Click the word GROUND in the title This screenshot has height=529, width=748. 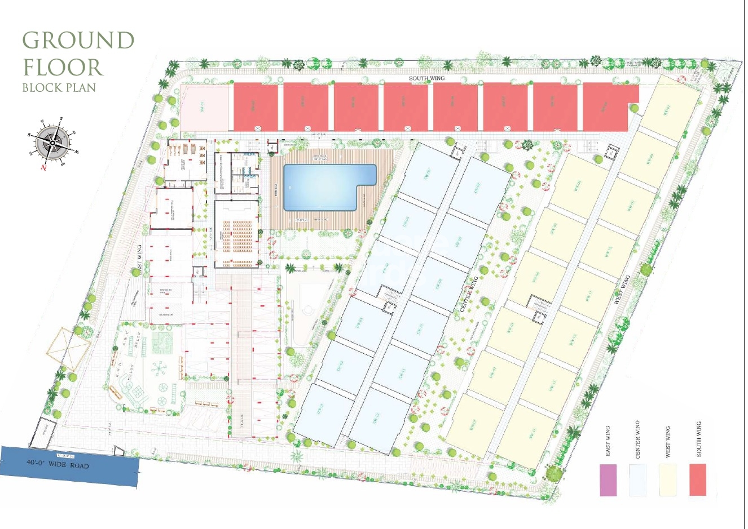point(78,41)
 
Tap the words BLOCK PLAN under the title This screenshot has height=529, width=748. point(59,88)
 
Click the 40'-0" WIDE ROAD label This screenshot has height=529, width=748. point(58,464)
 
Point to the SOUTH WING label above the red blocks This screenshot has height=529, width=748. point(426,78)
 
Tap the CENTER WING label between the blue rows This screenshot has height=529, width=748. point(469,294)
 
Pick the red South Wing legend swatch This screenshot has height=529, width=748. point(698,480)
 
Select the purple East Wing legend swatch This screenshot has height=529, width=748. point(608,480)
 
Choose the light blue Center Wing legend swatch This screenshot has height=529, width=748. point(638,480)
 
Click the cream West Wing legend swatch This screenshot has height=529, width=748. point(668,480)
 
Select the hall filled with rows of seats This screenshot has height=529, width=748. point(237,234)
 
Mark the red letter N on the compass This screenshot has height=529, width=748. point(43,167)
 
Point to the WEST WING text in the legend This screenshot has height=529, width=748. point(668,442)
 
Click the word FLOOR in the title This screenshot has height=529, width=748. point(63,67)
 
